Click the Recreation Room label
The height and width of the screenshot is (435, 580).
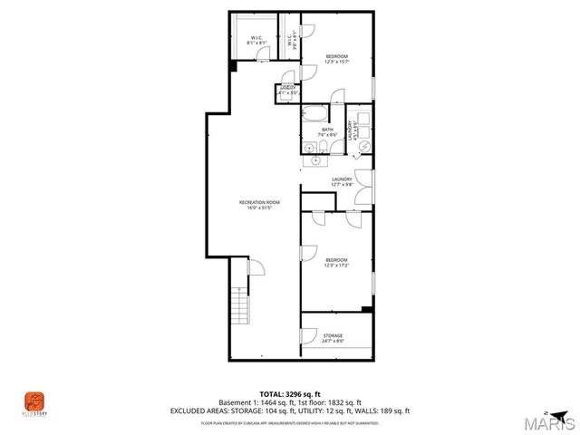coord(259,201)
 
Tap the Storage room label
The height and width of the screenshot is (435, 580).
coord(333,335)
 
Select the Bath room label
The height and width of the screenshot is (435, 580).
coord(327,129)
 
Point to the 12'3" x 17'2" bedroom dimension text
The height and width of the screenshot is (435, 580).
coord(335,266)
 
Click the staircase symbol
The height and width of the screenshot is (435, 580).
coord(238,307)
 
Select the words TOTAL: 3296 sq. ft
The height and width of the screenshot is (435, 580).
coord(289,393)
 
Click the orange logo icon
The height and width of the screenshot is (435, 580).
coord(34,399)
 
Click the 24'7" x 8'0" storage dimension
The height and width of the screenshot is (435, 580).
coord(333,342)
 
